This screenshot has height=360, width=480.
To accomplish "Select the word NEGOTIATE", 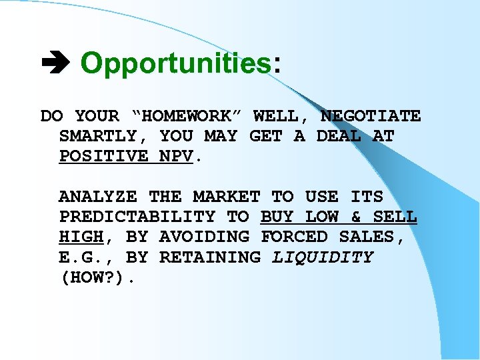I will [x=370, y=116].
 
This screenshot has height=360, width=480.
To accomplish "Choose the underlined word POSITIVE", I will [x=103, y=156].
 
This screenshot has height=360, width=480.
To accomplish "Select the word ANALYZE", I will [x=97, y=197].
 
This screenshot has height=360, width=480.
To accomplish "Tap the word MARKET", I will [x=226, y=197].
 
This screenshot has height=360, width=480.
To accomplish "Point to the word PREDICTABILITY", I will [x=137, y=217].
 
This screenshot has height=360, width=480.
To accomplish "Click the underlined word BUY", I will [x=277, y=217].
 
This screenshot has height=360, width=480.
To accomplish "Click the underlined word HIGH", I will [x=81, y=237].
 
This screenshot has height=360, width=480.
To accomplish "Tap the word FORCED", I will [x=293, y=237].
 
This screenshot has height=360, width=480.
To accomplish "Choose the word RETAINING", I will [x=209, y=257].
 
